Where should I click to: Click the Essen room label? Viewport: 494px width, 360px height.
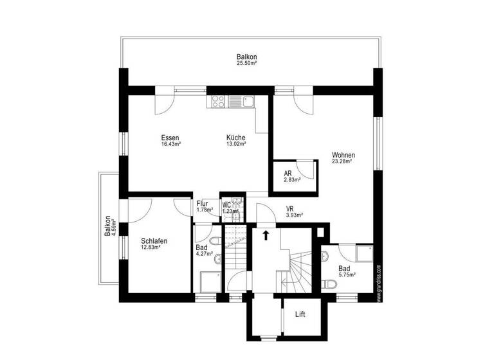coord(170,138)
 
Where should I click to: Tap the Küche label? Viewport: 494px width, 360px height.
coord(235,138)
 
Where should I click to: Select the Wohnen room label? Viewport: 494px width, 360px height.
coord(343,155)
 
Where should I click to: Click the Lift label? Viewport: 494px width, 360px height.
coord(300,314)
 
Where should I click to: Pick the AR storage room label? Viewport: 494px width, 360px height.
coord(288,174)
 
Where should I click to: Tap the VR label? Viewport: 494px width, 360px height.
coord(291,208)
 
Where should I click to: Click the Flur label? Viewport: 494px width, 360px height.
coord(203,204)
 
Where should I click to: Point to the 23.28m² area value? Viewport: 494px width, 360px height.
coord(343,161)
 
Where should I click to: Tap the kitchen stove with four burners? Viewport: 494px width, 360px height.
coord(217,100)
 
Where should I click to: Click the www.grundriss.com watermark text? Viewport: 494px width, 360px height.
coord(379,283)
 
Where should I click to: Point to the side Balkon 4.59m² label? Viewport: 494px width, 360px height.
coord(111,226)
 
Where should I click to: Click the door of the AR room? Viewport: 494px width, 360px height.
coord(308,168)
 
